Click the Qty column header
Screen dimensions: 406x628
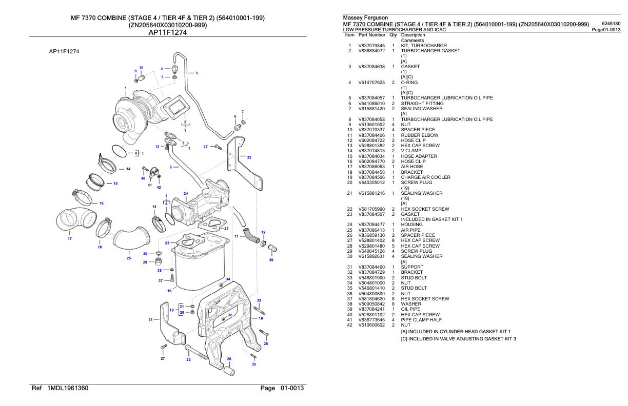click(x=392, y=35)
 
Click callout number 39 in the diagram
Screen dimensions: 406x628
click(x=271, y=260)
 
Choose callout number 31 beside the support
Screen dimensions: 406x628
click(x=151, y=319)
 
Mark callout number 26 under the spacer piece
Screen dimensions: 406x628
click(x=229, y=359)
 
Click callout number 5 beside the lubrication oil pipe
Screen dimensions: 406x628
click(x=197, y=73)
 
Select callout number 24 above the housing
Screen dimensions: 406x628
click(x=186, y=193)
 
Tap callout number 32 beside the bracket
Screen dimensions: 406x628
click(x=249, y=157)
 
